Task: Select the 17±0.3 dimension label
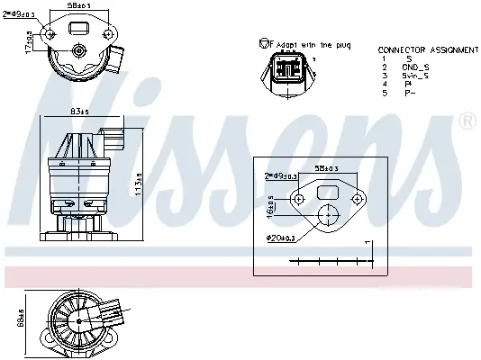(29, 41)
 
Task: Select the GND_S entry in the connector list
(415, 67)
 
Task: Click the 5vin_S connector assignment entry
(416, 76)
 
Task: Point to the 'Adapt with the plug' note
(310, 44)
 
